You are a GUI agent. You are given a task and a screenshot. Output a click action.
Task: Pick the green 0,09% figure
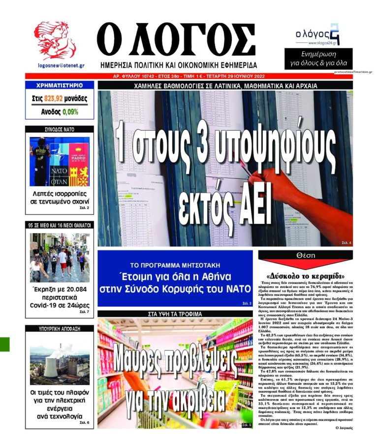[70, 112]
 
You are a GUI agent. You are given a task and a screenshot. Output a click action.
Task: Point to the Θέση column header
[305, 256]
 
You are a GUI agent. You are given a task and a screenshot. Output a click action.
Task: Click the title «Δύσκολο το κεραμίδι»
[305, 275]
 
